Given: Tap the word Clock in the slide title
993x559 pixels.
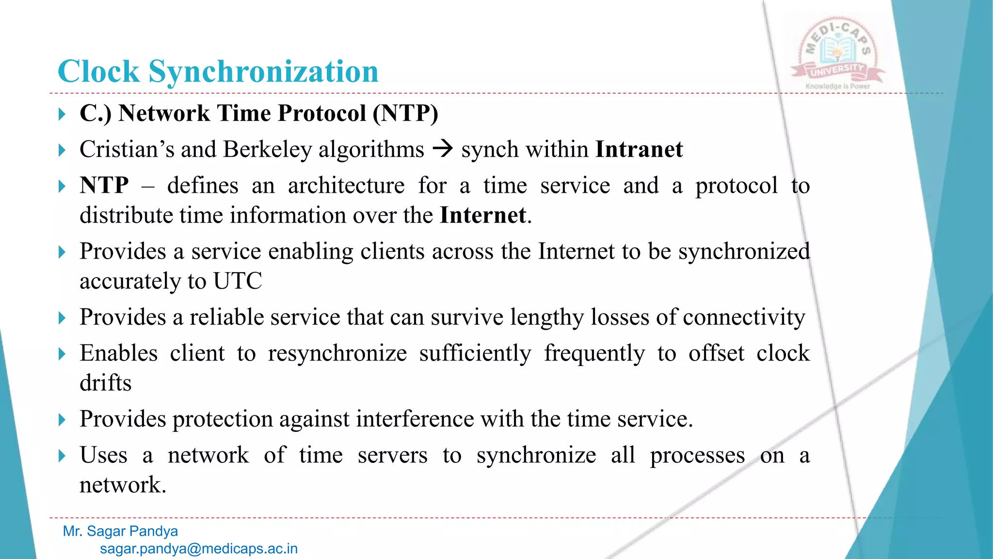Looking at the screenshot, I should click(98, 72).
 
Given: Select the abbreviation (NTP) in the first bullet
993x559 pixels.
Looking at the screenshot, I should click(405, 113).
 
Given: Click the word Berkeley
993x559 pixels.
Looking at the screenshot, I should click(267, 149).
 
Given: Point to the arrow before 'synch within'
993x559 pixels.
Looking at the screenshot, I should click(442, 148).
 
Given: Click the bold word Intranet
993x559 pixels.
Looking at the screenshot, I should click(639, 149).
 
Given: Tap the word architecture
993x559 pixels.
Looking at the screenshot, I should click(346, 186).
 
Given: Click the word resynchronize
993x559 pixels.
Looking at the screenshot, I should click(337, 353).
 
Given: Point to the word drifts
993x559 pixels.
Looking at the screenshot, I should click(106, 383).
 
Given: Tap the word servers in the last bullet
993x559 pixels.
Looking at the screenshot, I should click(392, 456).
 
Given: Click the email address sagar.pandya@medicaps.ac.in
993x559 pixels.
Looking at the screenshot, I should click(199, 549).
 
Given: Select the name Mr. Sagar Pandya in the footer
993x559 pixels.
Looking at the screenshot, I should click(120, 531).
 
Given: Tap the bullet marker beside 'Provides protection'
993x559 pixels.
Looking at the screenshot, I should click(62, 420).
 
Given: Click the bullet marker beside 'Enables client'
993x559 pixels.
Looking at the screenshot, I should click(62, 354).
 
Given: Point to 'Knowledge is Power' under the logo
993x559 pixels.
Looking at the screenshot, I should click(837, 86).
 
